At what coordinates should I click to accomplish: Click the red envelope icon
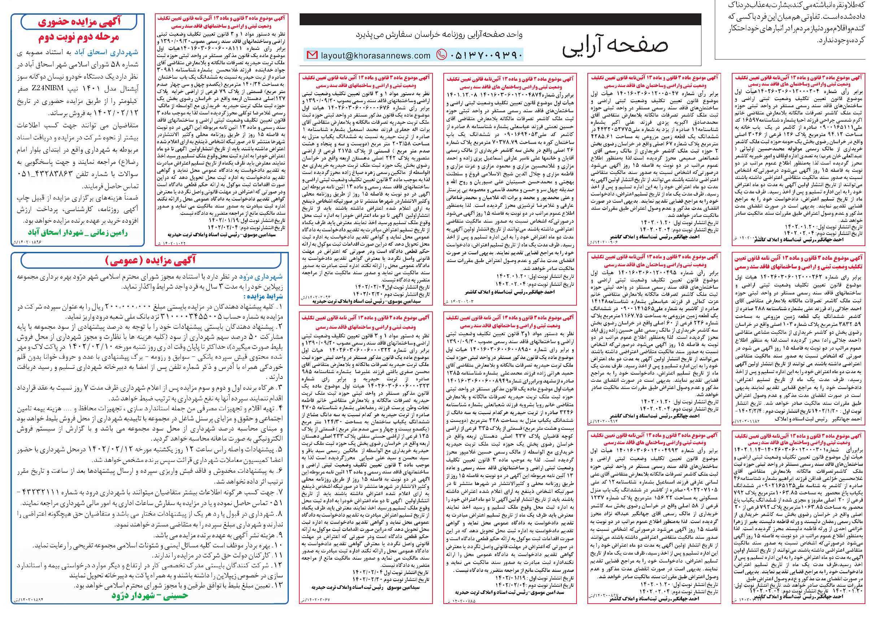pyautogui.click(x=312, y=56)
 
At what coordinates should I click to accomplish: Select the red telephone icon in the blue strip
pyautogui.click(x=441, y=55)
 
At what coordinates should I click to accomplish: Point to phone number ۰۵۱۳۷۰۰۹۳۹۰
pyautogui.click(x=484, y=55)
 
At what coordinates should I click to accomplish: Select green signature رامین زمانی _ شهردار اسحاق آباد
pyautogui.click(x=78, y=233)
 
